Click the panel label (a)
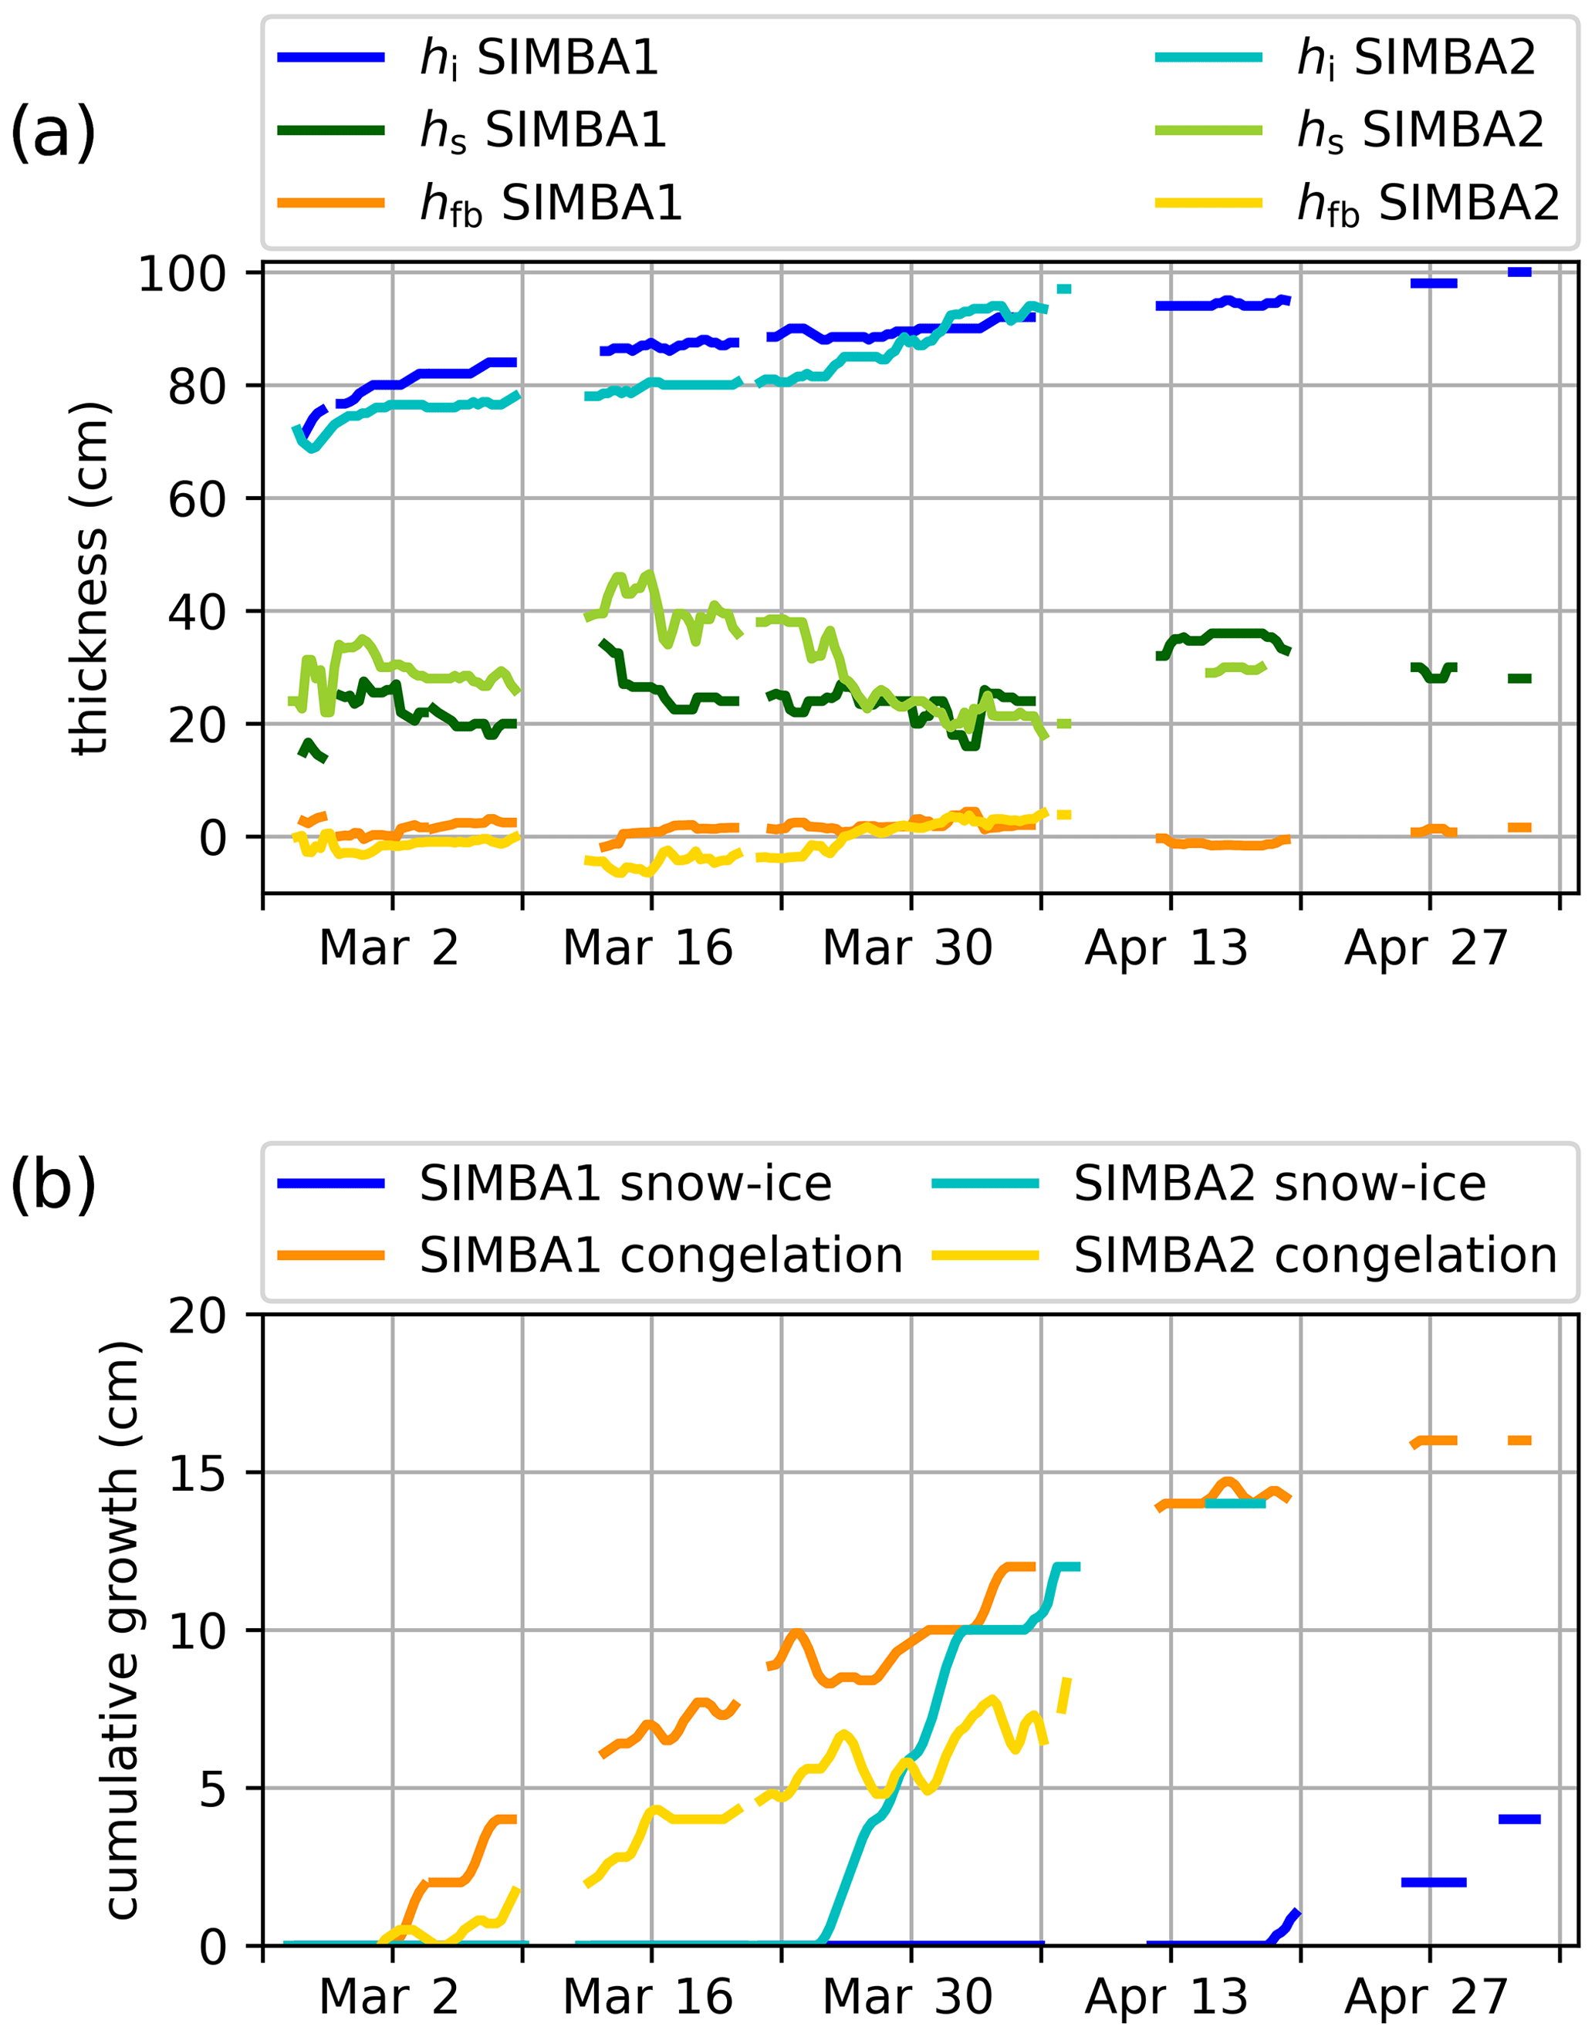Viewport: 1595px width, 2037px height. (52, 133)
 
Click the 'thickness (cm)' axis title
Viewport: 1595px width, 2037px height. (90, 578)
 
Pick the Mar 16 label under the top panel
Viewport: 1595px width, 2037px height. (647, 948)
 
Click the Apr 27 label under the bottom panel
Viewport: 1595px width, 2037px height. (1426, 1998)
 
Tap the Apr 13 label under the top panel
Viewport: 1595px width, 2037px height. (1167, 948)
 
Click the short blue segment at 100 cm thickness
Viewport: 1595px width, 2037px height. (1519, 272)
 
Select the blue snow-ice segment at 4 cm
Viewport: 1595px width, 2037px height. (1519, 1819)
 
